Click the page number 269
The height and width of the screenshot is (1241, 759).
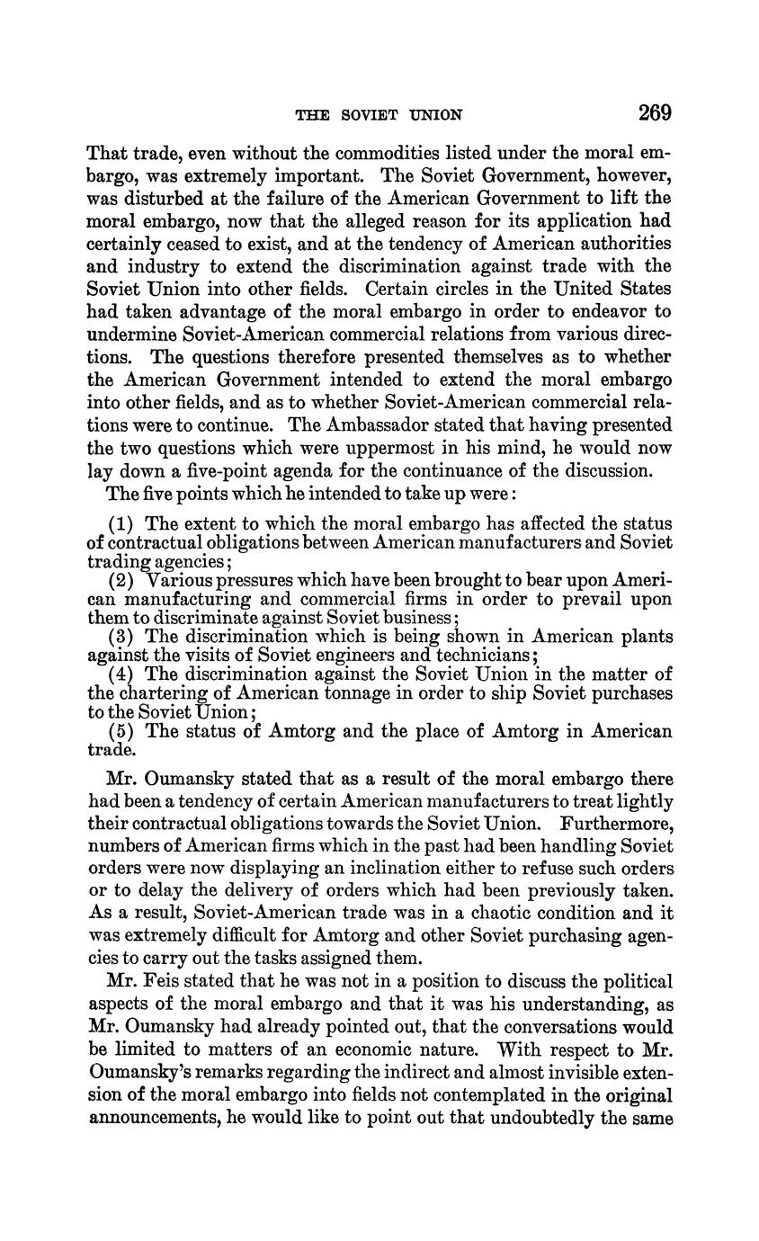coord(655,113)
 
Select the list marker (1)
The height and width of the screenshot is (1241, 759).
coord(123,523)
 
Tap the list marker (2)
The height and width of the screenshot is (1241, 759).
coord(123,580)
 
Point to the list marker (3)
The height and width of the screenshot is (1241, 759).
coord(123,637)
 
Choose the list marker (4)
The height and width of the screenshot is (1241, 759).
coord(123,674)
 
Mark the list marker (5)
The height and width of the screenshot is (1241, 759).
coord(123,731)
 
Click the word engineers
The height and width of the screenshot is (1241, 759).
coord(371,655)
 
